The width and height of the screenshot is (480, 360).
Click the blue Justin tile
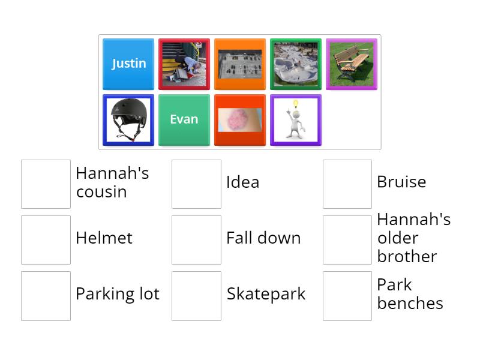pyautogui.click(x=128, y=64)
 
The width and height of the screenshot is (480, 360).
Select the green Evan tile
pyautogui.click(x=184, y=119)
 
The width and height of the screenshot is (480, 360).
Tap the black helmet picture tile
pyautogui.click(x=128, y=119)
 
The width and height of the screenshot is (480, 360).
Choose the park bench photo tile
pyautogui.click(x=351, y=64)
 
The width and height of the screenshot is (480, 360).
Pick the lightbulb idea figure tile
pyautogui.click(x=295, y=119)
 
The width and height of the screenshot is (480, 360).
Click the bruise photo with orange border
pyautogui.click(x=240, y=119)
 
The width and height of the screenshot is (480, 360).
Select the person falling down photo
pyautogui.click(x=184, y=64)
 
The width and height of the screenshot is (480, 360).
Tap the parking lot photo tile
pyautogui.click(x=240, y=64)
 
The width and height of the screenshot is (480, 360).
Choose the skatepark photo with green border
pyautogui.click(x=295, y=64)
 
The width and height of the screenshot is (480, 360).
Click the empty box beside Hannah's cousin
pyautogui.click(x=46, y=184)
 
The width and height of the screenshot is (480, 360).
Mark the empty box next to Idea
pyautogui.click(x=196, y=184)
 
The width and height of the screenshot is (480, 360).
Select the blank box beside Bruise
pyautogui.click(x=347, y=184)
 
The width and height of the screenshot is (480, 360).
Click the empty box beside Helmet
pyautogui.click(x=46, y=239)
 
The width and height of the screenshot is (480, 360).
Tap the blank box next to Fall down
pyautogui.click(x=196, y=239)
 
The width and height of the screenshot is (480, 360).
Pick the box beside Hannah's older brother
pyautogui.click(x=347, y=239)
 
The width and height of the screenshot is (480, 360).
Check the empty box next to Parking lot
pyautogui.click(x=46, y=295)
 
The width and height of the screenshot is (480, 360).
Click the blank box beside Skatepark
pyautogui.click(x=196, y=295)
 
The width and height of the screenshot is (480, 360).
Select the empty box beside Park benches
pyautogui.click(x=347, y=295)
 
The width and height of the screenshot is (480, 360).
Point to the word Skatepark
pyautogui.click(x=266, y=294)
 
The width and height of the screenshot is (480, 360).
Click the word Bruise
pyautogui.click(x=401, y=182)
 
